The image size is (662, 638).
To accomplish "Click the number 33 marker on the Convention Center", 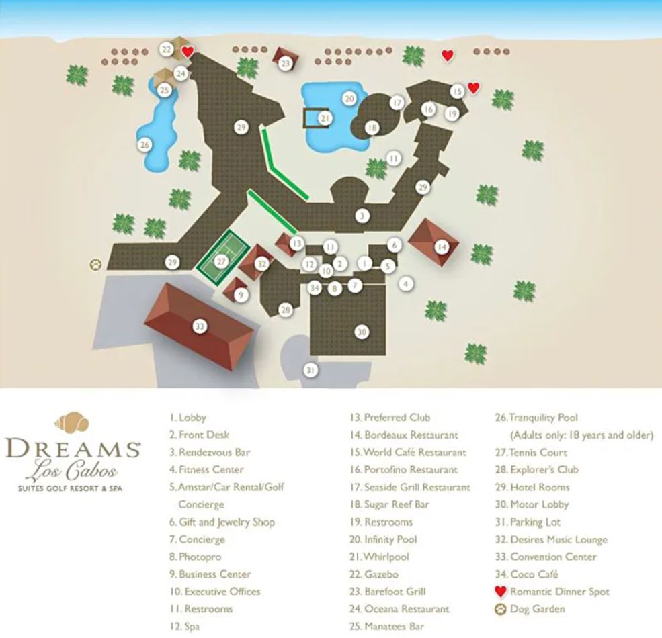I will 200,326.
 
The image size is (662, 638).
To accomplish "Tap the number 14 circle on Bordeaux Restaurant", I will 441,246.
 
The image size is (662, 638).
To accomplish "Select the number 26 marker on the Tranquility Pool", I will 144,144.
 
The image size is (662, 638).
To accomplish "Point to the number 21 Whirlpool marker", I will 325,118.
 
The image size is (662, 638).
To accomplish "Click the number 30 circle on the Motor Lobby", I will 362,332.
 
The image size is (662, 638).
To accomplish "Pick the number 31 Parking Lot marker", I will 310,369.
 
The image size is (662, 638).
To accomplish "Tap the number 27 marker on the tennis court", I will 222,261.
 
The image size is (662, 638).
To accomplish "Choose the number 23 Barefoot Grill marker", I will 286,64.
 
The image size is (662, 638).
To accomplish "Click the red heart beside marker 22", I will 189,51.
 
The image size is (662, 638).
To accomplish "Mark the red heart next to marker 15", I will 473,87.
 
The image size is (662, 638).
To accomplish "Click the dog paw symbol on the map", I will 96,265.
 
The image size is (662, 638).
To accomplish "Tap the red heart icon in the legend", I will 500,592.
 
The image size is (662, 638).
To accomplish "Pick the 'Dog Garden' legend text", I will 538,609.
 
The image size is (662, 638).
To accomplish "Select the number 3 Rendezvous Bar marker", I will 362,216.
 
